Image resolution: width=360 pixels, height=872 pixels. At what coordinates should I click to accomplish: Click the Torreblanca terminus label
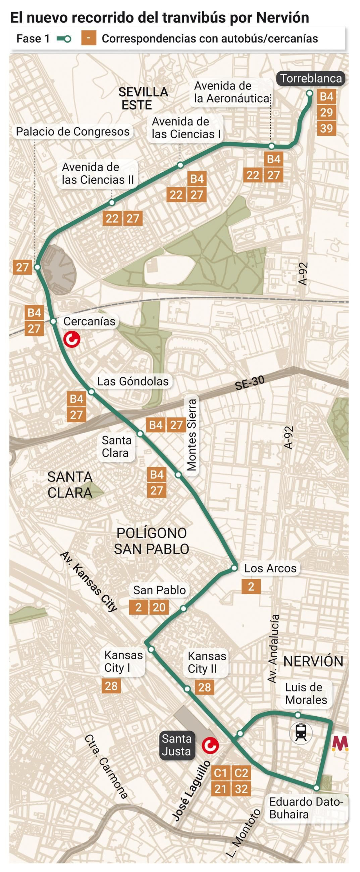pos(311,78)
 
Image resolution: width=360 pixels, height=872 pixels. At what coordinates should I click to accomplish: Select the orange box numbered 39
pos(326,129)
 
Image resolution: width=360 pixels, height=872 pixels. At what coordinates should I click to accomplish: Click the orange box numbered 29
pos(326,112)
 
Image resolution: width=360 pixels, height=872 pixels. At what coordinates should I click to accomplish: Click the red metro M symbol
pos(340,743)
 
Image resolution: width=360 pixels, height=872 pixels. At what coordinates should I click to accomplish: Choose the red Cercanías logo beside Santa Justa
pos(210,745)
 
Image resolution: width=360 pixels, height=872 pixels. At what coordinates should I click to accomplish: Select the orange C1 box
pos(220,773)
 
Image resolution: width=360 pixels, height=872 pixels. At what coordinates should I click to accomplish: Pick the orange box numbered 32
pos(241,789)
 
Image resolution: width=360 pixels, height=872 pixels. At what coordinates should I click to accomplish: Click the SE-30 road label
pos(250,383)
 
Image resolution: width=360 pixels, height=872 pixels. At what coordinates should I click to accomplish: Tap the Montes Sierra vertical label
pos(192,435)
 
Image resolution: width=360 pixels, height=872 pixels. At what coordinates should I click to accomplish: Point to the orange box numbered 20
pos(159,607)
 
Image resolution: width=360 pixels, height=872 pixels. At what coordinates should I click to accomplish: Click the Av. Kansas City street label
pos(89,581)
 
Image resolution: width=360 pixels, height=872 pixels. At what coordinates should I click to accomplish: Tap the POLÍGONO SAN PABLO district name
pos(151,541)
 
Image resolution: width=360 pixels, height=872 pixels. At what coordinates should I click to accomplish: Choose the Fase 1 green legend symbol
pos(64,39)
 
